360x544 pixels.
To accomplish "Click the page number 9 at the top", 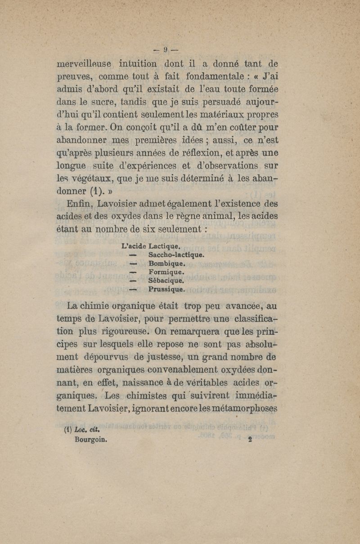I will pos(165,48).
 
